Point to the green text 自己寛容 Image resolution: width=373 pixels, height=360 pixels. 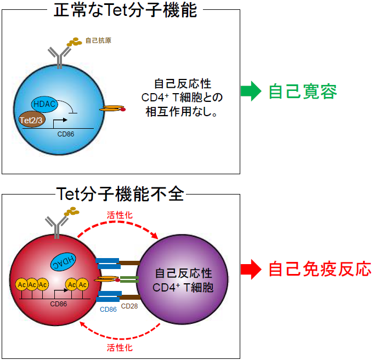coord(302,91)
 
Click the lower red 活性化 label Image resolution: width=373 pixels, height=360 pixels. coord(118,347)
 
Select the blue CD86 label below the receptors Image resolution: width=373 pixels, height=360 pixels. coord(108,309)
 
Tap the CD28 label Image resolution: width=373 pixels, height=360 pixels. coord(129,306)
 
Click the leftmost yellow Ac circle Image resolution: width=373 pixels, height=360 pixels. coord(22,284)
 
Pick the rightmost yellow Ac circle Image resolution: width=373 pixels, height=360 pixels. coord(82,284)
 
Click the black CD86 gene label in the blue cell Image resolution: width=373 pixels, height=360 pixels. coord(66,133)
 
